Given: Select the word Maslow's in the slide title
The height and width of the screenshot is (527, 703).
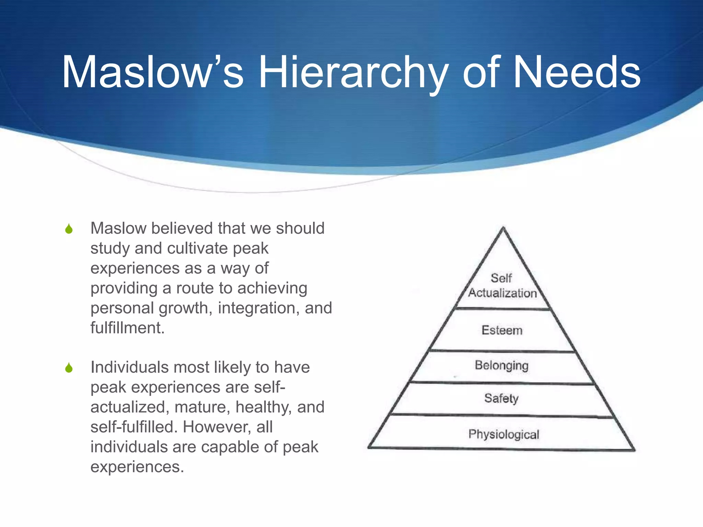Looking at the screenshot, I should click(152, 73).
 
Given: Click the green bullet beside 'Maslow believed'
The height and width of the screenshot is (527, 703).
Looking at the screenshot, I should click(69, 229).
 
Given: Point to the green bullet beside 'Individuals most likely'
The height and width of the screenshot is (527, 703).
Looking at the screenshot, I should click(69, 368).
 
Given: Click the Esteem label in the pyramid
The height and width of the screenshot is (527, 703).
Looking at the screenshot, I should click(502, 330).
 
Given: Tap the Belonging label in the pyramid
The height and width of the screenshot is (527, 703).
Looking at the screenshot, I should click(502, 366).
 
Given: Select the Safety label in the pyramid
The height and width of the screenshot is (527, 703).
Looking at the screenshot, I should click(501, 398).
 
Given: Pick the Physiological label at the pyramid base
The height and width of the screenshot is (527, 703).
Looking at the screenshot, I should click(504, 434).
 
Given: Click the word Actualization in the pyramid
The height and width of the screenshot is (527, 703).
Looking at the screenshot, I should click(503, 293).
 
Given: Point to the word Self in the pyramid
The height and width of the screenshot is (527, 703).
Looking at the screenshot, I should click(501, 278).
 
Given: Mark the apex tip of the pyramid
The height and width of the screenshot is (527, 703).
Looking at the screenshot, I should click(503, 228).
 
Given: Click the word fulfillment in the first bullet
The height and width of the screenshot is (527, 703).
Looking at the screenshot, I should click(127, 328).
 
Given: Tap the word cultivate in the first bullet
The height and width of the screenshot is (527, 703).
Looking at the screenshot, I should click(197, 248).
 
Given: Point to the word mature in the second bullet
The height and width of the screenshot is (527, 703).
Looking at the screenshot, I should click(202, 407).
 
